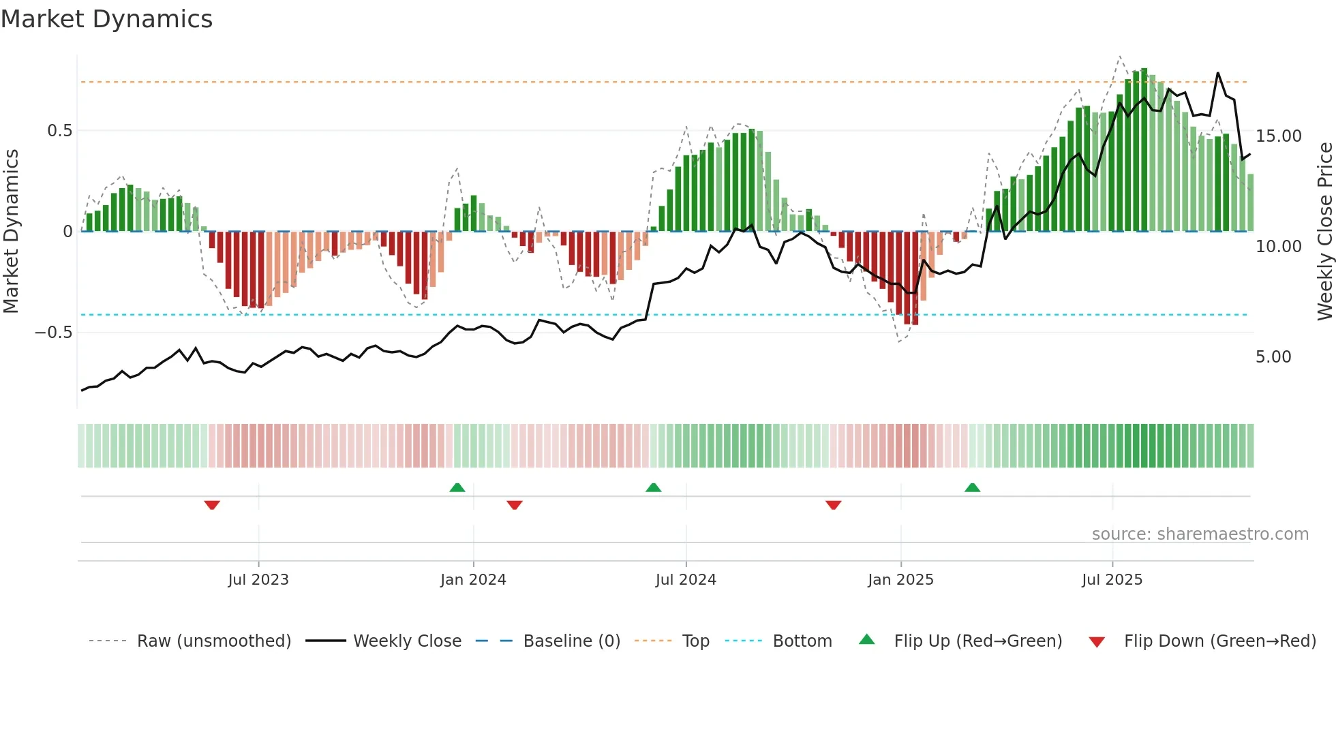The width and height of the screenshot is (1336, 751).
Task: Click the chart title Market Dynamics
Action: click(x=106, y=19)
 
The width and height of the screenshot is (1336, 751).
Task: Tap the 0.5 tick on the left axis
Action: click(x=59, y=131)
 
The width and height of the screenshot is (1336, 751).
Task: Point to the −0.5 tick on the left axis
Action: click(x=53, y=333)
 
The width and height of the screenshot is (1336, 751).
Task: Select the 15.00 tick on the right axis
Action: click(x=1279, y=136)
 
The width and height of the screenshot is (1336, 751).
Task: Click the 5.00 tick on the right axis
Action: click(x=1273, y=357)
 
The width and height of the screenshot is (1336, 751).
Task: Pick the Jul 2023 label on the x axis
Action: click(x=258, y=580)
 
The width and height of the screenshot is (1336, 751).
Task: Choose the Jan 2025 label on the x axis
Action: click(x=900, y=580)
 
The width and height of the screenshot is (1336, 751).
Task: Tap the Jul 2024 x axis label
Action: click(x=686, y=580)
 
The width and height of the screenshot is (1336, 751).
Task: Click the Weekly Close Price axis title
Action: click(x=1324, y=232)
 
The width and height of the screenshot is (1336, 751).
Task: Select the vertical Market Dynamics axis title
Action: click(x=11, y=232)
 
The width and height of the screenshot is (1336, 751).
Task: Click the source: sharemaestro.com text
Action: click(x=1200, y=534)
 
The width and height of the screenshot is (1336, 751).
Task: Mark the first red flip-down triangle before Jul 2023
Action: click(x=212, y=505)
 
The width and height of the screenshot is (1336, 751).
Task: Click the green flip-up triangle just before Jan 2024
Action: click(x=457, y=487)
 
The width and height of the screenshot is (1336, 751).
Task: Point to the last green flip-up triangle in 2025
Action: click(x=973, y=487)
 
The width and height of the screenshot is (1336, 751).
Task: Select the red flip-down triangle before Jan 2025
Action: click(x=833, y=505)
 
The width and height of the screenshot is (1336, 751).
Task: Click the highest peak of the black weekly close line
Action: click(x=1218, y=73)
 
